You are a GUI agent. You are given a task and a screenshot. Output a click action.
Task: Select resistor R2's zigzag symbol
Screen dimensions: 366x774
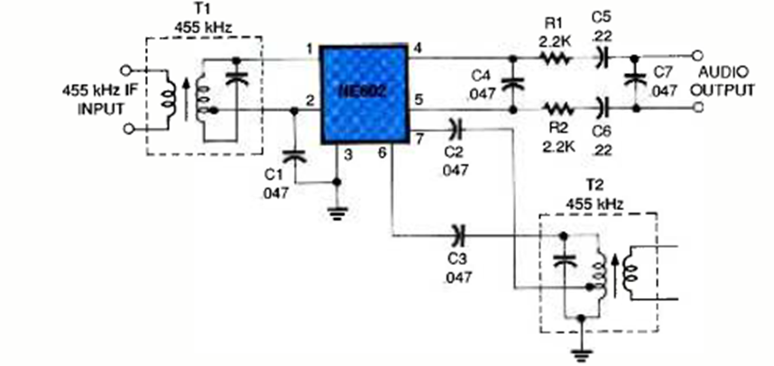(553, 107)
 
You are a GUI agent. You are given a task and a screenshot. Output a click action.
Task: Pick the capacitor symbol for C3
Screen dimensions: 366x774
(458, 236)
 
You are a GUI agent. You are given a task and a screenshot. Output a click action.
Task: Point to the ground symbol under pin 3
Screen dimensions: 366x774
(336, 213)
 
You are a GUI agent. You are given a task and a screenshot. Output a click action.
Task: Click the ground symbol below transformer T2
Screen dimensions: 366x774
(580, 346)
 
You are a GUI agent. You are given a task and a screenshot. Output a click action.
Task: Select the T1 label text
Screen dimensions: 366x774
(202, 13)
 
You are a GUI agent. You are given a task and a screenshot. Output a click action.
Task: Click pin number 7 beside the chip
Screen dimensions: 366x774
(417, 138)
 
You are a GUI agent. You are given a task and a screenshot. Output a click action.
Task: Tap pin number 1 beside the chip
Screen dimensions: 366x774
(309, 49)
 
